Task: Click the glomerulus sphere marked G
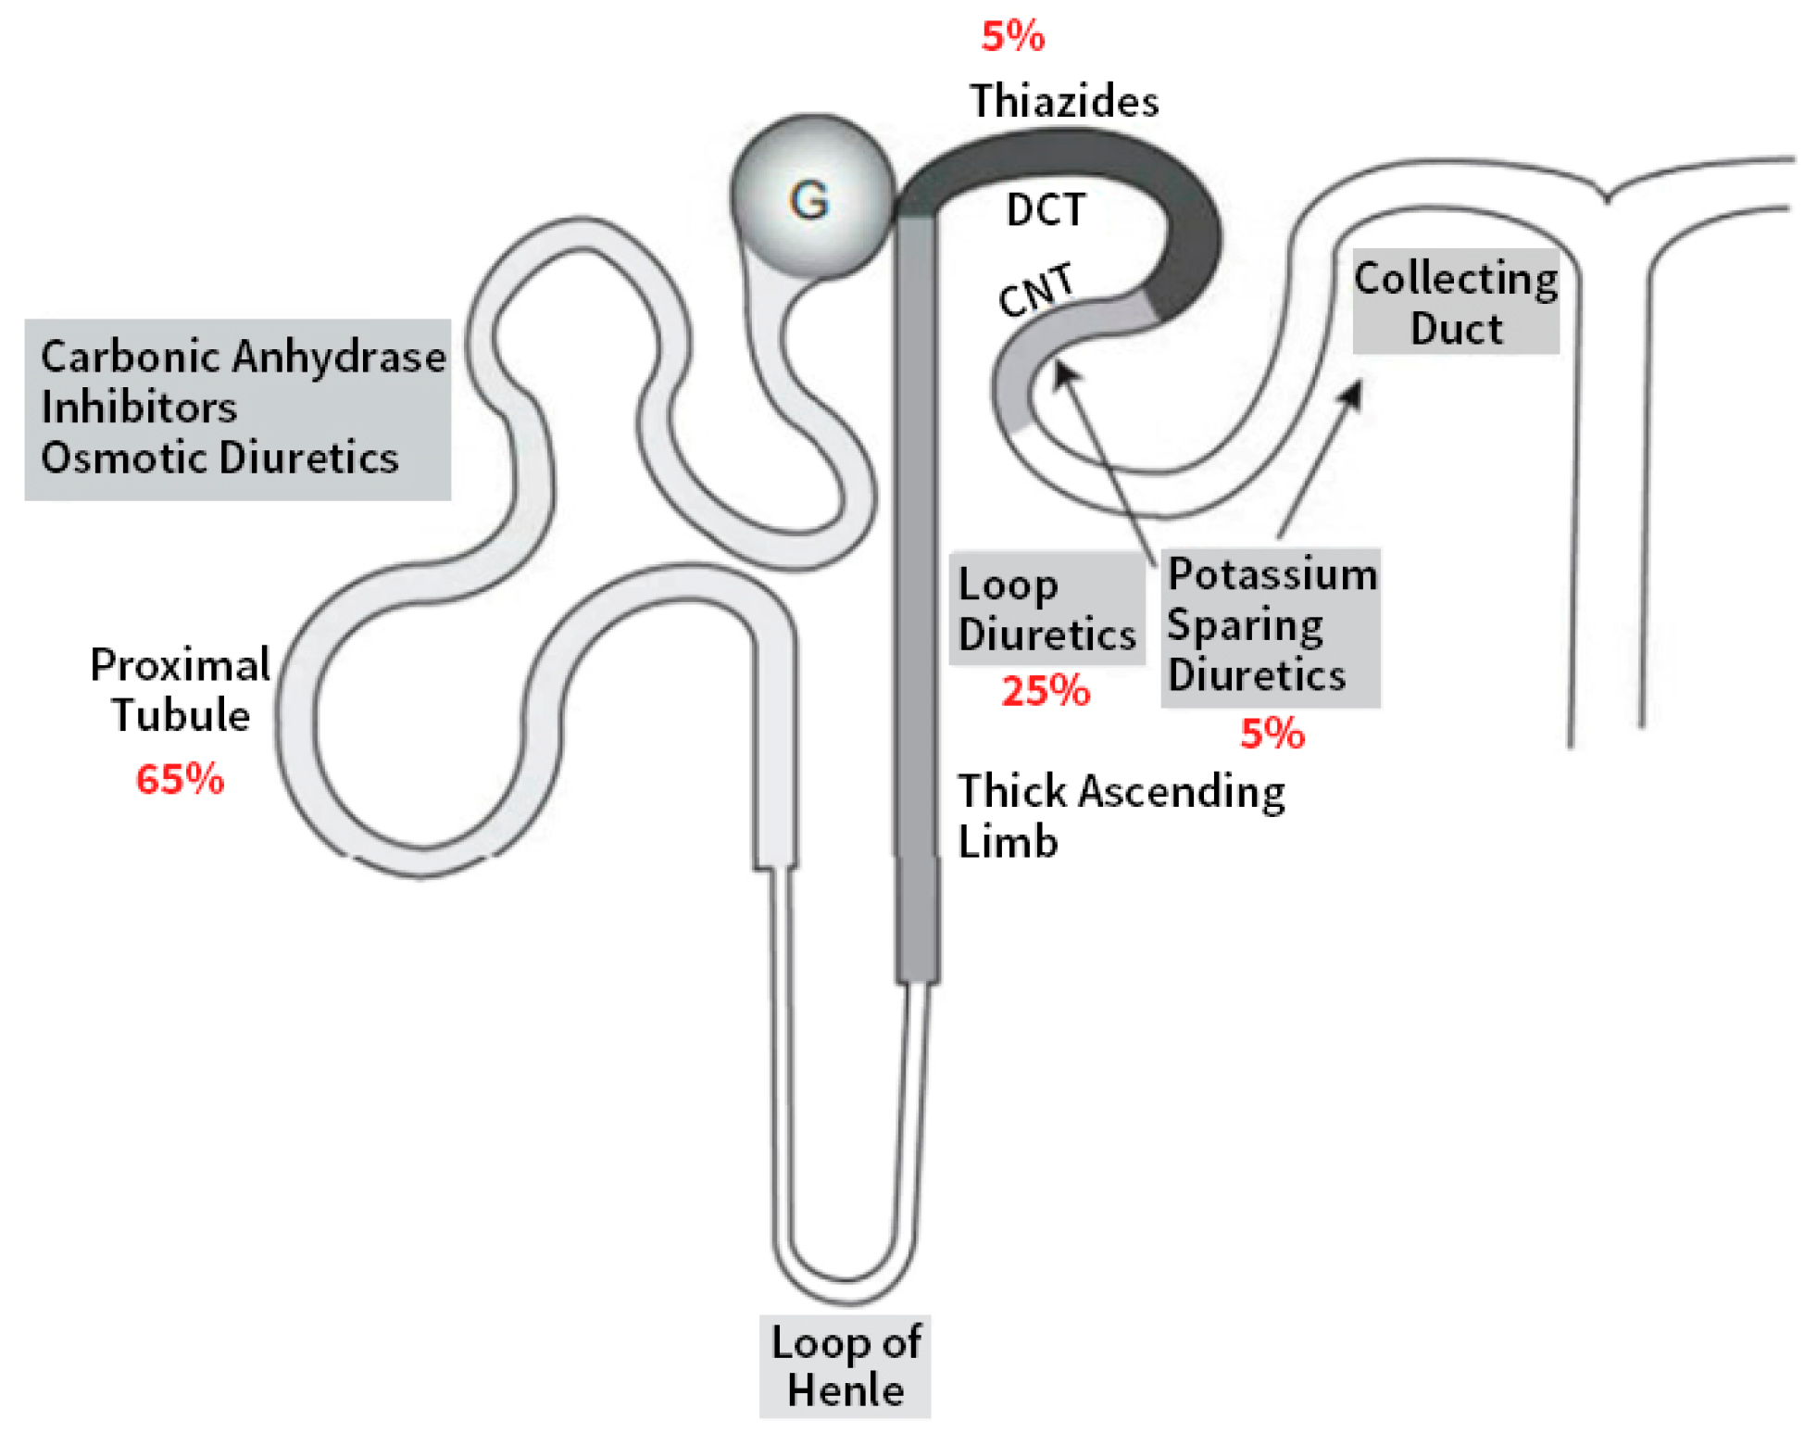[x=811, y=196]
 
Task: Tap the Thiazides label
[x=1063, y=100]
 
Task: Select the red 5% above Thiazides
[x=1012, y=37]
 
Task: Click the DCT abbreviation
[x=1045, y=210]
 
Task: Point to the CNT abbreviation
[x=1036, y=289]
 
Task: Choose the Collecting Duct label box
[x=1455, y=303]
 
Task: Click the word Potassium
[x=1272, y=574]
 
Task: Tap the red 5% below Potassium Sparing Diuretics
[x=1272, y=734]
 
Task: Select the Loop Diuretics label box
[x=1046, y=610]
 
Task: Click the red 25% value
[x=1045, y=691]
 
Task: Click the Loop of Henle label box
[x=845, y=1365]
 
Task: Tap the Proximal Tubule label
[x=181, y=690]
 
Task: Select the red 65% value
[x=180, y=779]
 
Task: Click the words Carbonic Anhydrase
[x=243, y=357]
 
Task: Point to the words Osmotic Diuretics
[x=219, y=458]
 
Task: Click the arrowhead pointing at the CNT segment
[x=1065, y=373]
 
